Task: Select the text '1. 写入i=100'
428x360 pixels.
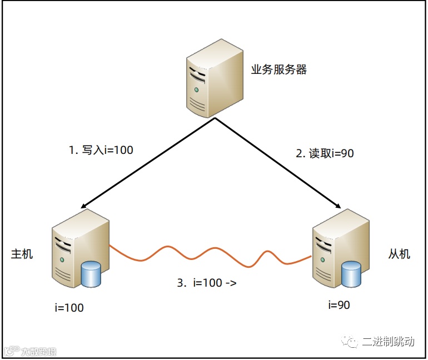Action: click(101, 149)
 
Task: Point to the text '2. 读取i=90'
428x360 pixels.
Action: click(324, 154)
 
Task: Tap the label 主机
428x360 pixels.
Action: click(22, 254)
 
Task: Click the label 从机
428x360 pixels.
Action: click(399, 254)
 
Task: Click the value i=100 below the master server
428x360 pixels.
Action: click(70, 307)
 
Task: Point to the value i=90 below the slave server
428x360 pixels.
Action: click(339, 304)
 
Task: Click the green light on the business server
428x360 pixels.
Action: click(196, 89)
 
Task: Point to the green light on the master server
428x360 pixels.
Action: click(63, 259)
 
